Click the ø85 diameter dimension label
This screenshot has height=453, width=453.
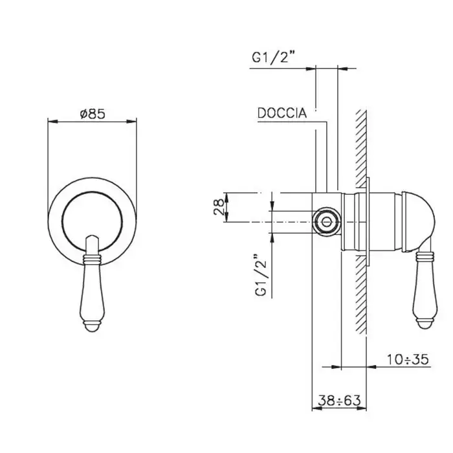pos(93,114)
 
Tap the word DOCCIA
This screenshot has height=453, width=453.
pos(282,113)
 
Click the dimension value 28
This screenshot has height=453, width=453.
pos(219,207)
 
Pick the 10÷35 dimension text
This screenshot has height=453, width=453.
pos(408,360)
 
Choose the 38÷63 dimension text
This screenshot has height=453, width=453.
pos(340,401)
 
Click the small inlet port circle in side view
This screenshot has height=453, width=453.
pos(326,222)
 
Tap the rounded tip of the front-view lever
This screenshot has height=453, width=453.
pos(93,239)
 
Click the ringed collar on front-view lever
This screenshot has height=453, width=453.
pos(93,259)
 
